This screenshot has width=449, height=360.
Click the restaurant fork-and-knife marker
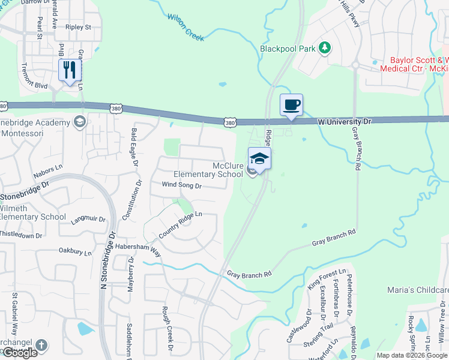pyautogui.click(x=70, y=70)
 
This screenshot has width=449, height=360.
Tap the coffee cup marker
pyautogui.click(x=291, y=105)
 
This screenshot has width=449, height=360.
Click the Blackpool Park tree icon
pyautogui.click(x=325, y=47)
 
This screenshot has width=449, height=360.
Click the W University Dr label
pyautogui.click(x=345, y=121)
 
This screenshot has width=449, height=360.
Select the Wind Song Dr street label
pyautogui.click(x=182, y=186)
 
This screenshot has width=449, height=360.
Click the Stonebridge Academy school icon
pyautogui.click(x=80, y=123)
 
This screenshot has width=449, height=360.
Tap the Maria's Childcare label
pyautogui.click(x=417, y=290)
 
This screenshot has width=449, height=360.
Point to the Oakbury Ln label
pyautogui.click(x=75, y=252)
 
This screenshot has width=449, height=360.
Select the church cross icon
pyautogui.click(x=40, y=345)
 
